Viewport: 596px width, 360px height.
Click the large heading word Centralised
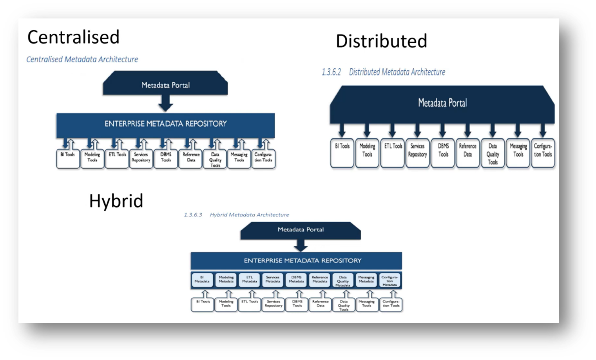coord(73,37)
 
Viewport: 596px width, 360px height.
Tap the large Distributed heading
coord(381,41)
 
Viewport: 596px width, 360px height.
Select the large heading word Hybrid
coord(116,201)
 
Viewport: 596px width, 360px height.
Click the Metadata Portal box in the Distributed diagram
coord(442,103)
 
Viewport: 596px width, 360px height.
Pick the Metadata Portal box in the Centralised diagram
coord(165,85)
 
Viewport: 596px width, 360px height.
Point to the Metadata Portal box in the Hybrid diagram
coord(301,230)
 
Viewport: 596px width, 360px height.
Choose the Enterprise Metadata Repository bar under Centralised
coord(165,124)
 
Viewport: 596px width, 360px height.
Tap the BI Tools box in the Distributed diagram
coord(342,153)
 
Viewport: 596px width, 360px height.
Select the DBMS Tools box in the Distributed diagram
coord(443,153)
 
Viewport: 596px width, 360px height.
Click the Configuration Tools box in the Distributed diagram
coord(543,153)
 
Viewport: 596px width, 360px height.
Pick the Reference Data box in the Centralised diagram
coord(191,159)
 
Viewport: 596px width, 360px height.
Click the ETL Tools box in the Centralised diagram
coord(117,159)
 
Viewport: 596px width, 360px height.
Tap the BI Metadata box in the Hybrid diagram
coord(202,279)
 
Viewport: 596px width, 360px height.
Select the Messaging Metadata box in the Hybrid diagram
coord(366,279)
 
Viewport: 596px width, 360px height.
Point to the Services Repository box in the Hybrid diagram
coord(273,304)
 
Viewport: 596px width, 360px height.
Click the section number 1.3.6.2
coord(331,72)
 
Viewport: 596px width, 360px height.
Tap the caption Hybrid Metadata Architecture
coord(249,215)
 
